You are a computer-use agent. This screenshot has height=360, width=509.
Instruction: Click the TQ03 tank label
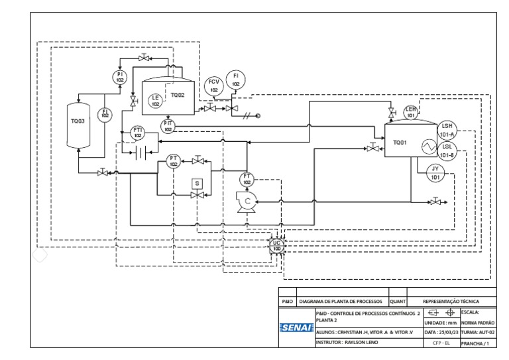[78, 123]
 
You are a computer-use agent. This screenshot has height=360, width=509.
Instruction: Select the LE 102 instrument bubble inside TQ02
[155, 101]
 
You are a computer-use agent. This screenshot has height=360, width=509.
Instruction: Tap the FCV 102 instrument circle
[213, 86]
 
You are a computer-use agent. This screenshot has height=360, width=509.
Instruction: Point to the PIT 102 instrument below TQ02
[168, 126]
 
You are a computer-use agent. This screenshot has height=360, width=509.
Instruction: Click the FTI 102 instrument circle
[138, 132]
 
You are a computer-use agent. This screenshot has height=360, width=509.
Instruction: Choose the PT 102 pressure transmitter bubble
[174, 160]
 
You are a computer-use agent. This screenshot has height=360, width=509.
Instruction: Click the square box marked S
[196, 183]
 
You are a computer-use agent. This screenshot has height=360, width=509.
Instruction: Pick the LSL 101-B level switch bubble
[448, 152]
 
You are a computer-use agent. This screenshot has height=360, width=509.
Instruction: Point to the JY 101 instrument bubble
[435, 173]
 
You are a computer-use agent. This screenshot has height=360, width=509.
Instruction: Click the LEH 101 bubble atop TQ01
[411, 111]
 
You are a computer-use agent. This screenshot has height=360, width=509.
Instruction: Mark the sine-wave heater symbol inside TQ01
[422, 146]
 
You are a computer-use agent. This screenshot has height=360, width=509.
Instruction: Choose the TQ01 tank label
[400, 142]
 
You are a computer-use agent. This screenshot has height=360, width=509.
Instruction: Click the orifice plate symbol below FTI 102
[140, 153]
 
